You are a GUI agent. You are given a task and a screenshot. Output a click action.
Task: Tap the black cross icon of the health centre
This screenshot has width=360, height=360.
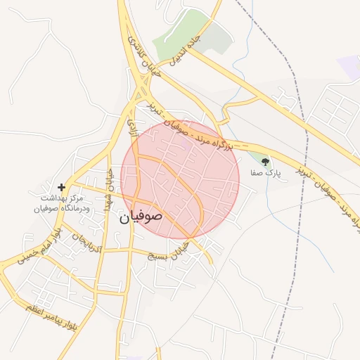tap(62, 187)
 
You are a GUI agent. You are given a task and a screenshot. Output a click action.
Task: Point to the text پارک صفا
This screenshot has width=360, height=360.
tap(265, 172)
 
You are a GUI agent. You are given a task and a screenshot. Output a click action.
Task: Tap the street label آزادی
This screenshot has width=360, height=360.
tap(131, 127)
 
